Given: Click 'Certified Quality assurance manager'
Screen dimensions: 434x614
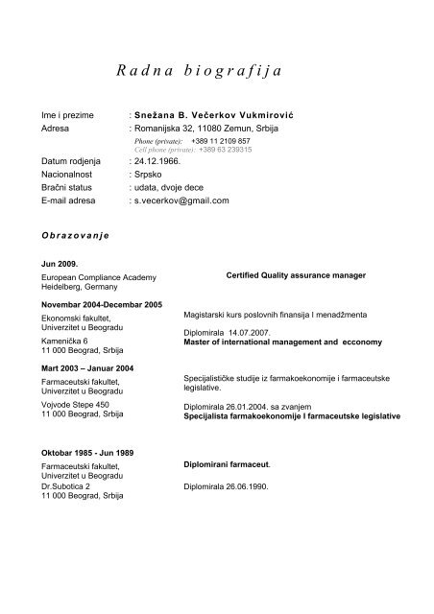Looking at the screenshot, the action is (296, 275).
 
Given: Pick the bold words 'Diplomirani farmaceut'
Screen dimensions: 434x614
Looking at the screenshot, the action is (227, 464).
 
